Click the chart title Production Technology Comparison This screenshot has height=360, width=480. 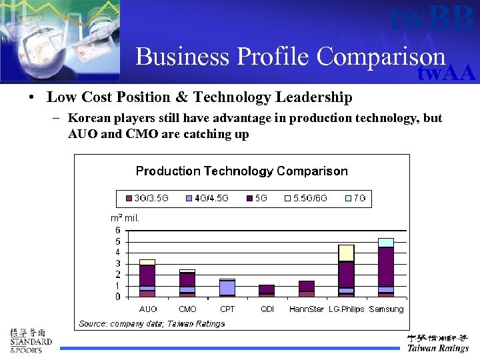click(241, 171)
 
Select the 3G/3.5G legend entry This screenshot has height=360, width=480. click(147, 198)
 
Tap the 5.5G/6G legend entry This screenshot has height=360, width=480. click(305, 198)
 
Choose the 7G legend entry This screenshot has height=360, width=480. click(354, 198)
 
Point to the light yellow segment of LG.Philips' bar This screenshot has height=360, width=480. click(346, 253)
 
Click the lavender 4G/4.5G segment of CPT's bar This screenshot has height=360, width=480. click(227, 287)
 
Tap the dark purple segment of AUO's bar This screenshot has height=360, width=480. click(147, 275)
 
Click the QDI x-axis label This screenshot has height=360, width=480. click(267, 309)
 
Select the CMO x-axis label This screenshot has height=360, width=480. click(187, 309)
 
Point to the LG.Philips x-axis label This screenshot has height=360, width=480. click(346, 309)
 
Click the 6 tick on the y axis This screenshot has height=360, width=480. click(118, 230)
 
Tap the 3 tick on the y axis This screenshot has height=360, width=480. click(118, 263)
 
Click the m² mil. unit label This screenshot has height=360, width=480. click(125, 218)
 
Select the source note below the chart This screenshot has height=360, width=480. click(152, 323)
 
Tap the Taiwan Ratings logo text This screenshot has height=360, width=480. click(438, 348)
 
